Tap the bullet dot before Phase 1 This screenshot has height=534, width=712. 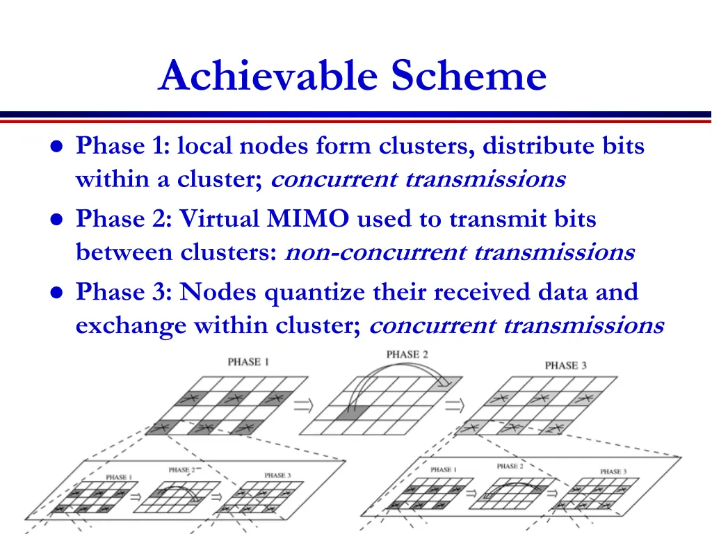click(x=56, y=147)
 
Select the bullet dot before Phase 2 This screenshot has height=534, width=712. click(x=56, y=220)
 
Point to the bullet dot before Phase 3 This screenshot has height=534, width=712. click(x=56, y=293)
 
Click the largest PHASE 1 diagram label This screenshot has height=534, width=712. click(x=248, y=362)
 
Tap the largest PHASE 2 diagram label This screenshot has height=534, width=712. click(x=407, y=355)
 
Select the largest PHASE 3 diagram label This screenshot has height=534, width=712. click(x=565, y=365)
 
